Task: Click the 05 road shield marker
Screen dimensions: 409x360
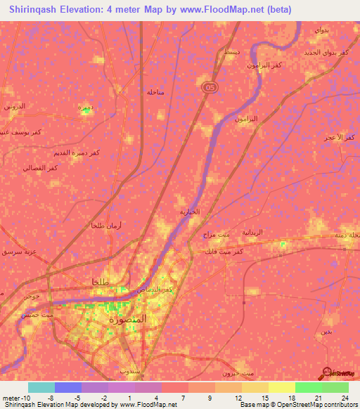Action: (210, 86)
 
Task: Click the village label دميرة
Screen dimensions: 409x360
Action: (84, 108)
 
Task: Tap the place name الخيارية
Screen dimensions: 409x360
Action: (188, 212)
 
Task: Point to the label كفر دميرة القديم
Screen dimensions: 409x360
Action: (70, 153)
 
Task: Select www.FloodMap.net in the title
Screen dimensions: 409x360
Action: (224, 10)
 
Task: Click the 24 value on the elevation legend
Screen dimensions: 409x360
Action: (344, 396)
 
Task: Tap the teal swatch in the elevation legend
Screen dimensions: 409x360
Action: (41, 387)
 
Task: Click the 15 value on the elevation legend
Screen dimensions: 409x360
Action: (264, 396)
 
